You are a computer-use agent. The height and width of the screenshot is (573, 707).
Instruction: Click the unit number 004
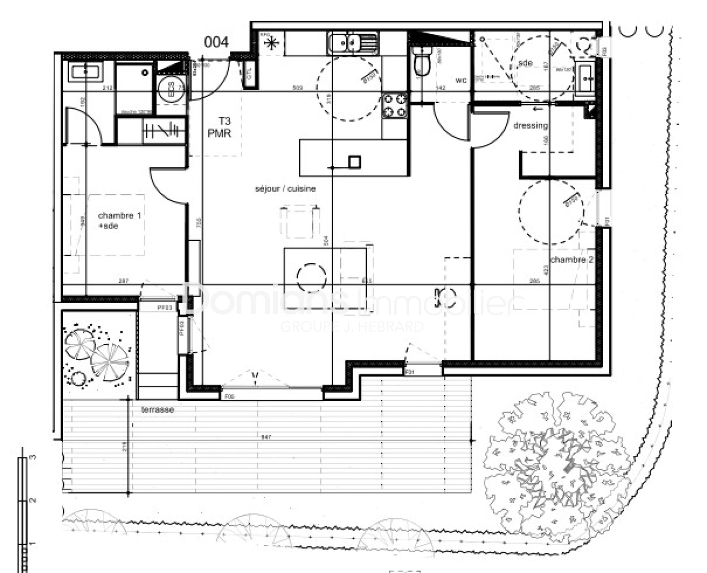tap(217, 42)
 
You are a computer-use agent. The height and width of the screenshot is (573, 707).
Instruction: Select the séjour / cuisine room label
tap(285, 188)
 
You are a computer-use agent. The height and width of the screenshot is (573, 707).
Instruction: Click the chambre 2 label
tap(571, 260)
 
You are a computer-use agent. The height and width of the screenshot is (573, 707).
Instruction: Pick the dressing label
tap(530, 126)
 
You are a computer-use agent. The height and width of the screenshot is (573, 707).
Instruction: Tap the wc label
tap(461, 81)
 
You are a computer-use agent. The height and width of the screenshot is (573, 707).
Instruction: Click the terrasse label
tap(158, 410)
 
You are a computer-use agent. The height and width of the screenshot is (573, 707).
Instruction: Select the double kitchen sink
tap(352, 42)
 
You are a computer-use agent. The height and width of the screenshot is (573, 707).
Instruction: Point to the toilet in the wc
tap(422, 62)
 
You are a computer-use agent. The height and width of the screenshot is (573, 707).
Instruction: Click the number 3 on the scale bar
tap(33, 457)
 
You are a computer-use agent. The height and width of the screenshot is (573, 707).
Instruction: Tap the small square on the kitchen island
tap(354, 161)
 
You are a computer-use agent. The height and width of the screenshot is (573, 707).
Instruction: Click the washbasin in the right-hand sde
tap(586, 80)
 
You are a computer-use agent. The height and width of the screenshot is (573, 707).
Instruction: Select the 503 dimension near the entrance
tap(298, 88)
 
